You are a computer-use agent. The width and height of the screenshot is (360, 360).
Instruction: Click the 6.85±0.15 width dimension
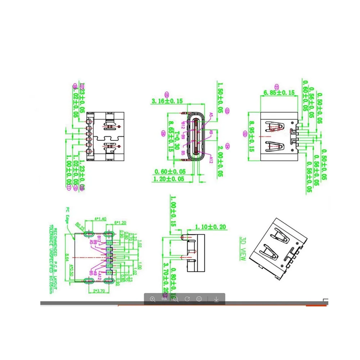click(x=279, y=93)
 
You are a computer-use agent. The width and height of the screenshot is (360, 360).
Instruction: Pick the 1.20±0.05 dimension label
click(x=169, y=179)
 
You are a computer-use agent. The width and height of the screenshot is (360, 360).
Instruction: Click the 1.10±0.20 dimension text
click(x=211, y=227)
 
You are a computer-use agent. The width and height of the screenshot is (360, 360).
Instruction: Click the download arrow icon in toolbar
click(x=216, y=299)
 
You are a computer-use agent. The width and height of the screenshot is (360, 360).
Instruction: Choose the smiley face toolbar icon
click(x=199, y=299)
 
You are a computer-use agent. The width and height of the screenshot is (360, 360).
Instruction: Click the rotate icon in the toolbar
click(x=187, y=299)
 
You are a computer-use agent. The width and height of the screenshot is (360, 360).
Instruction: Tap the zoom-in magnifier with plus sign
click(x=153, y=299)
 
